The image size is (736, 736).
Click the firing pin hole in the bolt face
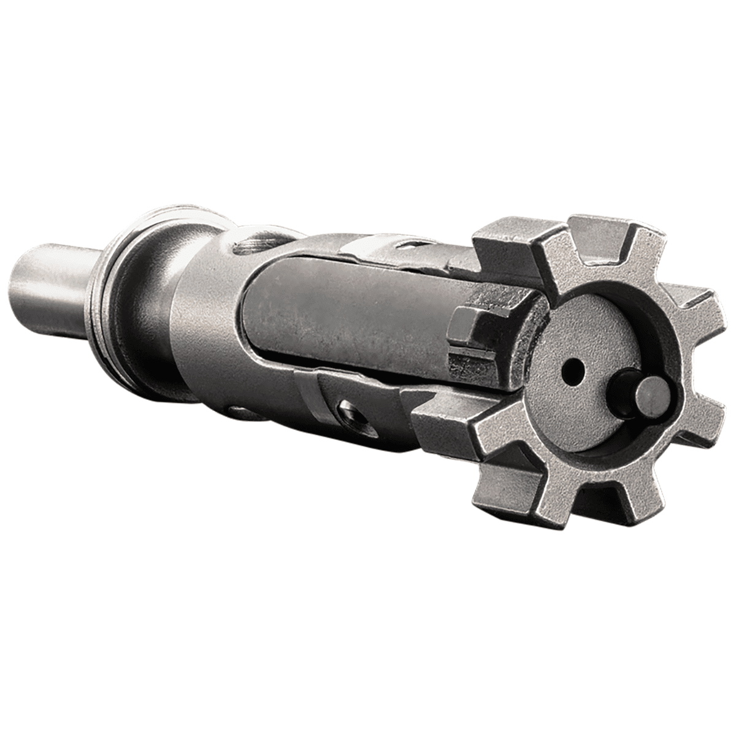point(573,369)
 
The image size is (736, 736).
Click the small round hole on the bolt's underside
point(242,411)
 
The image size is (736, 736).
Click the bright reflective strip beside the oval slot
point(368,248)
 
